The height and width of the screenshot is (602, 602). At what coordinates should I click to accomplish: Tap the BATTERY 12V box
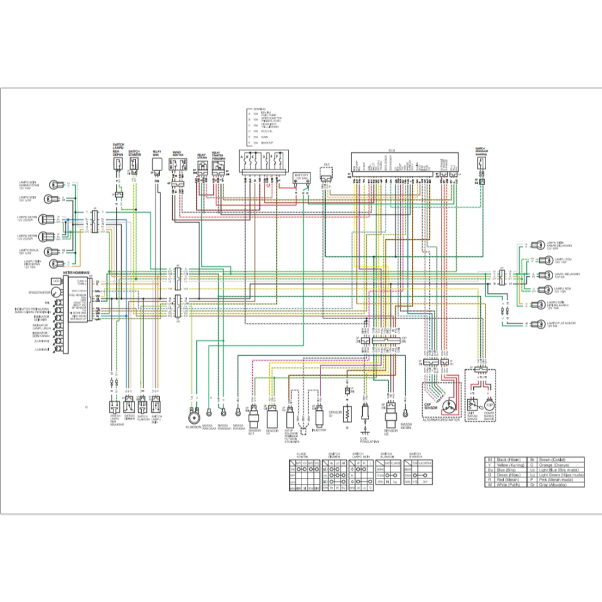tap(302, 177)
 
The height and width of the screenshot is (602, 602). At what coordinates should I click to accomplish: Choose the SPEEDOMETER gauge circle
tap(56, 292)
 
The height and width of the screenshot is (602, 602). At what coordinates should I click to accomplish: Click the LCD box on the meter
tap(56, 282)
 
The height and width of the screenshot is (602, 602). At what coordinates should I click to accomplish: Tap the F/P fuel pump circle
tap(489, 405)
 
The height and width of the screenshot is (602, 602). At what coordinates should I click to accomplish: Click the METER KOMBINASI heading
tap(76, 273)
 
